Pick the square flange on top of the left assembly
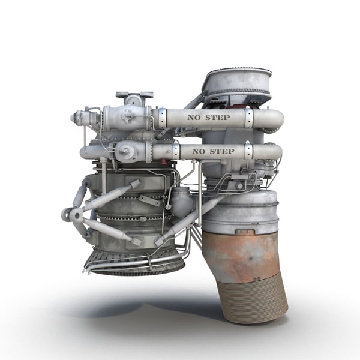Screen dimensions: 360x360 [x=134, y=95]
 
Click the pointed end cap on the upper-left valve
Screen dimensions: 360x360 [x=75, y=118]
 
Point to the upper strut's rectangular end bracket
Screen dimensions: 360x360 [x=134, y=184]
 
